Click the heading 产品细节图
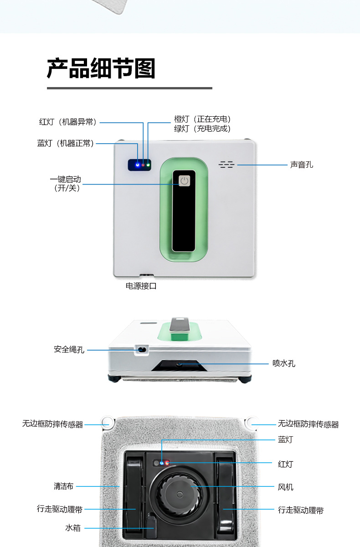[x=101, y=68]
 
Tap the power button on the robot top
[x=184, y=181]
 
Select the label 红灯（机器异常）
[x=68, y=122]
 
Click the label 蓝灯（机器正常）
[x=66, y=143]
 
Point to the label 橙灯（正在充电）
[x=202, y=119]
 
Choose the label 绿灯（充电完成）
[x=202, y=129]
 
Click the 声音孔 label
[x=302, y=165]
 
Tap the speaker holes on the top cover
[x=226, y=165]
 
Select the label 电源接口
[x=141, y=286]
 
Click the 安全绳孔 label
[x=69, y=350]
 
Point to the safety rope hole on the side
[x=141, y=350]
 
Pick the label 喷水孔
[x=284, y=363]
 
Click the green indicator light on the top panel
[x=148, y=165]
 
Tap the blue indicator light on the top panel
[x=138, y=165]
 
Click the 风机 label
[x=286, y=487]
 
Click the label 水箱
[x=73, y=528]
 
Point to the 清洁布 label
[x=63, y=486]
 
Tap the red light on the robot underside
[x=167, y=463]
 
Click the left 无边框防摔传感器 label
[x=52, y=424]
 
